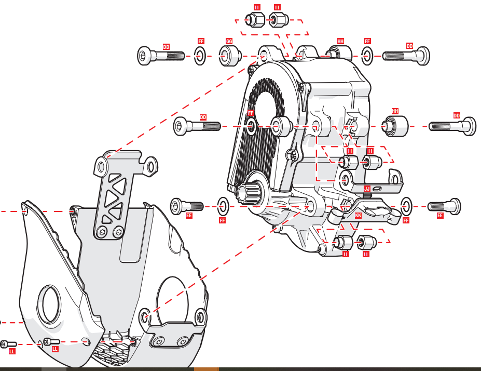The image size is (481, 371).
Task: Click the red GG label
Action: [x=229, y=41]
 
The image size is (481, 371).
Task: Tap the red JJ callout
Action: [x=367, y=189]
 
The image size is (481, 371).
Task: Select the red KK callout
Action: [x=358, y=215]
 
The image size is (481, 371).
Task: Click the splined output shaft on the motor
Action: [x=248, y=193]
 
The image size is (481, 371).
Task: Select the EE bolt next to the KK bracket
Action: [x=444, y=206]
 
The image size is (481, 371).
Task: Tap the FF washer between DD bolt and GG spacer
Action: [x=200, y=56]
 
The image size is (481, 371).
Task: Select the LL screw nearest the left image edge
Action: [x=8, y=344]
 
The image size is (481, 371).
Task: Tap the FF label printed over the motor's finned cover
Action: [x=251, y=113]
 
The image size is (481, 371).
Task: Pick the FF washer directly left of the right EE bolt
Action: [x=406, y=206]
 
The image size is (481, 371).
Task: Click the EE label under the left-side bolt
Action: [x=189, y=215]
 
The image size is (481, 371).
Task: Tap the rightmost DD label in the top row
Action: [x=409, y=46]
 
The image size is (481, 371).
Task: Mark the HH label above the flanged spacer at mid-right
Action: [x=395, y=111]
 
